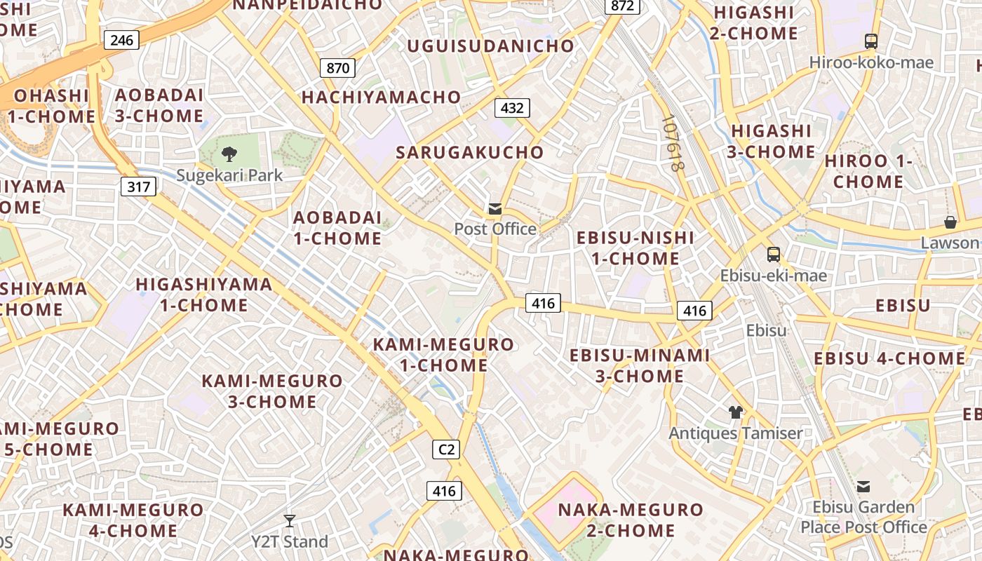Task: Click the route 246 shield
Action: click(x=121, y=40)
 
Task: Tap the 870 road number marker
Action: click(x=337, y=68)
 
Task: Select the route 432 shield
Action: click(x=512, y=108)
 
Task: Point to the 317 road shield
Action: click(x=137, y=187)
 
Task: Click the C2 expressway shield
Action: click(x=447, y=450)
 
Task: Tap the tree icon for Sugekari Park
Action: click(x=229, y=154)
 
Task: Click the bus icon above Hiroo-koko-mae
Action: click(x=871, y=41)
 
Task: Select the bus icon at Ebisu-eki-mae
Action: click(x=774, y=255)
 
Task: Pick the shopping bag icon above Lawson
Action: click(x=950, y=222)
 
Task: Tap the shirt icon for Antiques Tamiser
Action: click(x=735, y=412)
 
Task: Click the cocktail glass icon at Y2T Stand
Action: click(x=289, y=521)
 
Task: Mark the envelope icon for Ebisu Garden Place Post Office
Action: click(x=863, y=486)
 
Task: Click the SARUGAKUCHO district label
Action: click(x=469, y=152)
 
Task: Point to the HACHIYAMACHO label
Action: click(x=381, y=97)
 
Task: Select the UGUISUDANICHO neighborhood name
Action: click(x=491, y=46)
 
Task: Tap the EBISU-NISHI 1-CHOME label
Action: click(x=635, y=248)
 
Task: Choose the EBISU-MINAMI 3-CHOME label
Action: click(x=640, y=365)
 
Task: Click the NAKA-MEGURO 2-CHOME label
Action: click(x=631, y=520)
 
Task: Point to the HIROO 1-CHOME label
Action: click(x=868, y=171)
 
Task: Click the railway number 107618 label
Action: click(x=671, y=143)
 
